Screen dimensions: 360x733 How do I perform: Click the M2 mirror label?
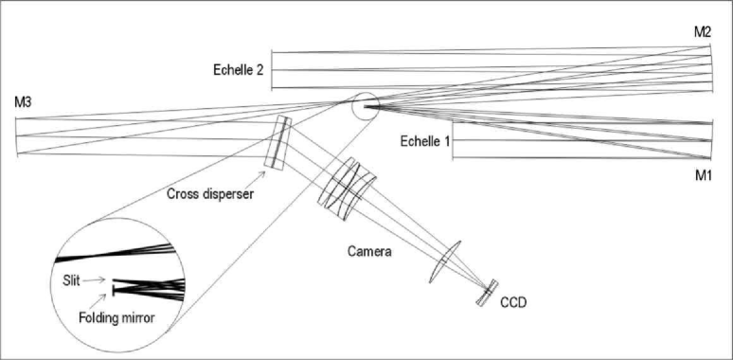coord(702,32)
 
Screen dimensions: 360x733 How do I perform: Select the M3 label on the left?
coord(26,101)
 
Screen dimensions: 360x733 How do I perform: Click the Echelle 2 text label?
coord(239,69)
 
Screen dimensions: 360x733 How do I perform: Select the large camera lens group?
coord(347,189)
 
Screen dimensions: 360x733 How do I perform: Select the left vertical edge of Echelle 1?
coord(452,142)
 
